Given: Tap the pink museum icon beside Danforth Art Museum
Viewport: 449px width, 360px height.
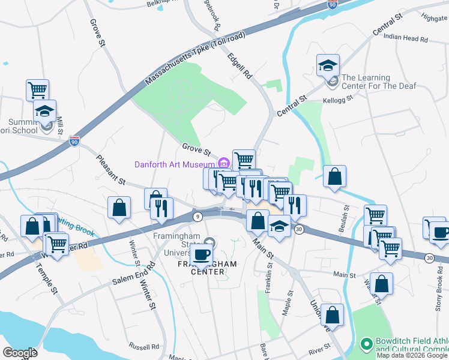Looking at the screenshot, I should pyautogui.click(x=224, y=163).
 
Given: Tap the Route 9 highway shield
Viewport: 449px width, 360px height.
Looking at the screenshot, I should pyautogui.click(x=197, y=215).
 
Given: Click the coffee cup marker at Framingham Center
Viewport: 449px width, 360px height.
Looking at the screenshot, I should pyautogui.click(x=202, y=253).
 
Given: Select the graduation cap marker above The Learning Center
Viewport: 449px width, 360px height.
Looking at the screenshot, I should pyautogui.click(x=328, y=65).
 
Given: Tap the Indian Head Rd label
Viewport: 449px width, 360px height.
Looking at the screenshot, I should pyautogui.click(x=406, y=38).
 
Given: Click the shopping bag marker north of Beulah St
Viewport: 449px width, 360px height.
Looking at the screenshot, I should pyautogui.click(x=334, y=176).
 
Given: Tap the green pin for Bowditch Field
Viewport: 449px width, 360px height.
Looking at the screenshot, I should pyautogui.click(x=365, y=344).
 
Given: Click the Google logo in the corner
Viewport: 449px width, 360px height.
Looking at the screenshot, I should pyautogui.click(x=20, y=353).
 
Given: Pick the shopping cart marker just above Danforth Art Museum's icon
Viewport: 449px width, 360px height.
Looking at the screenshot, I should pyautogui.click(x=244, y=160).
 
